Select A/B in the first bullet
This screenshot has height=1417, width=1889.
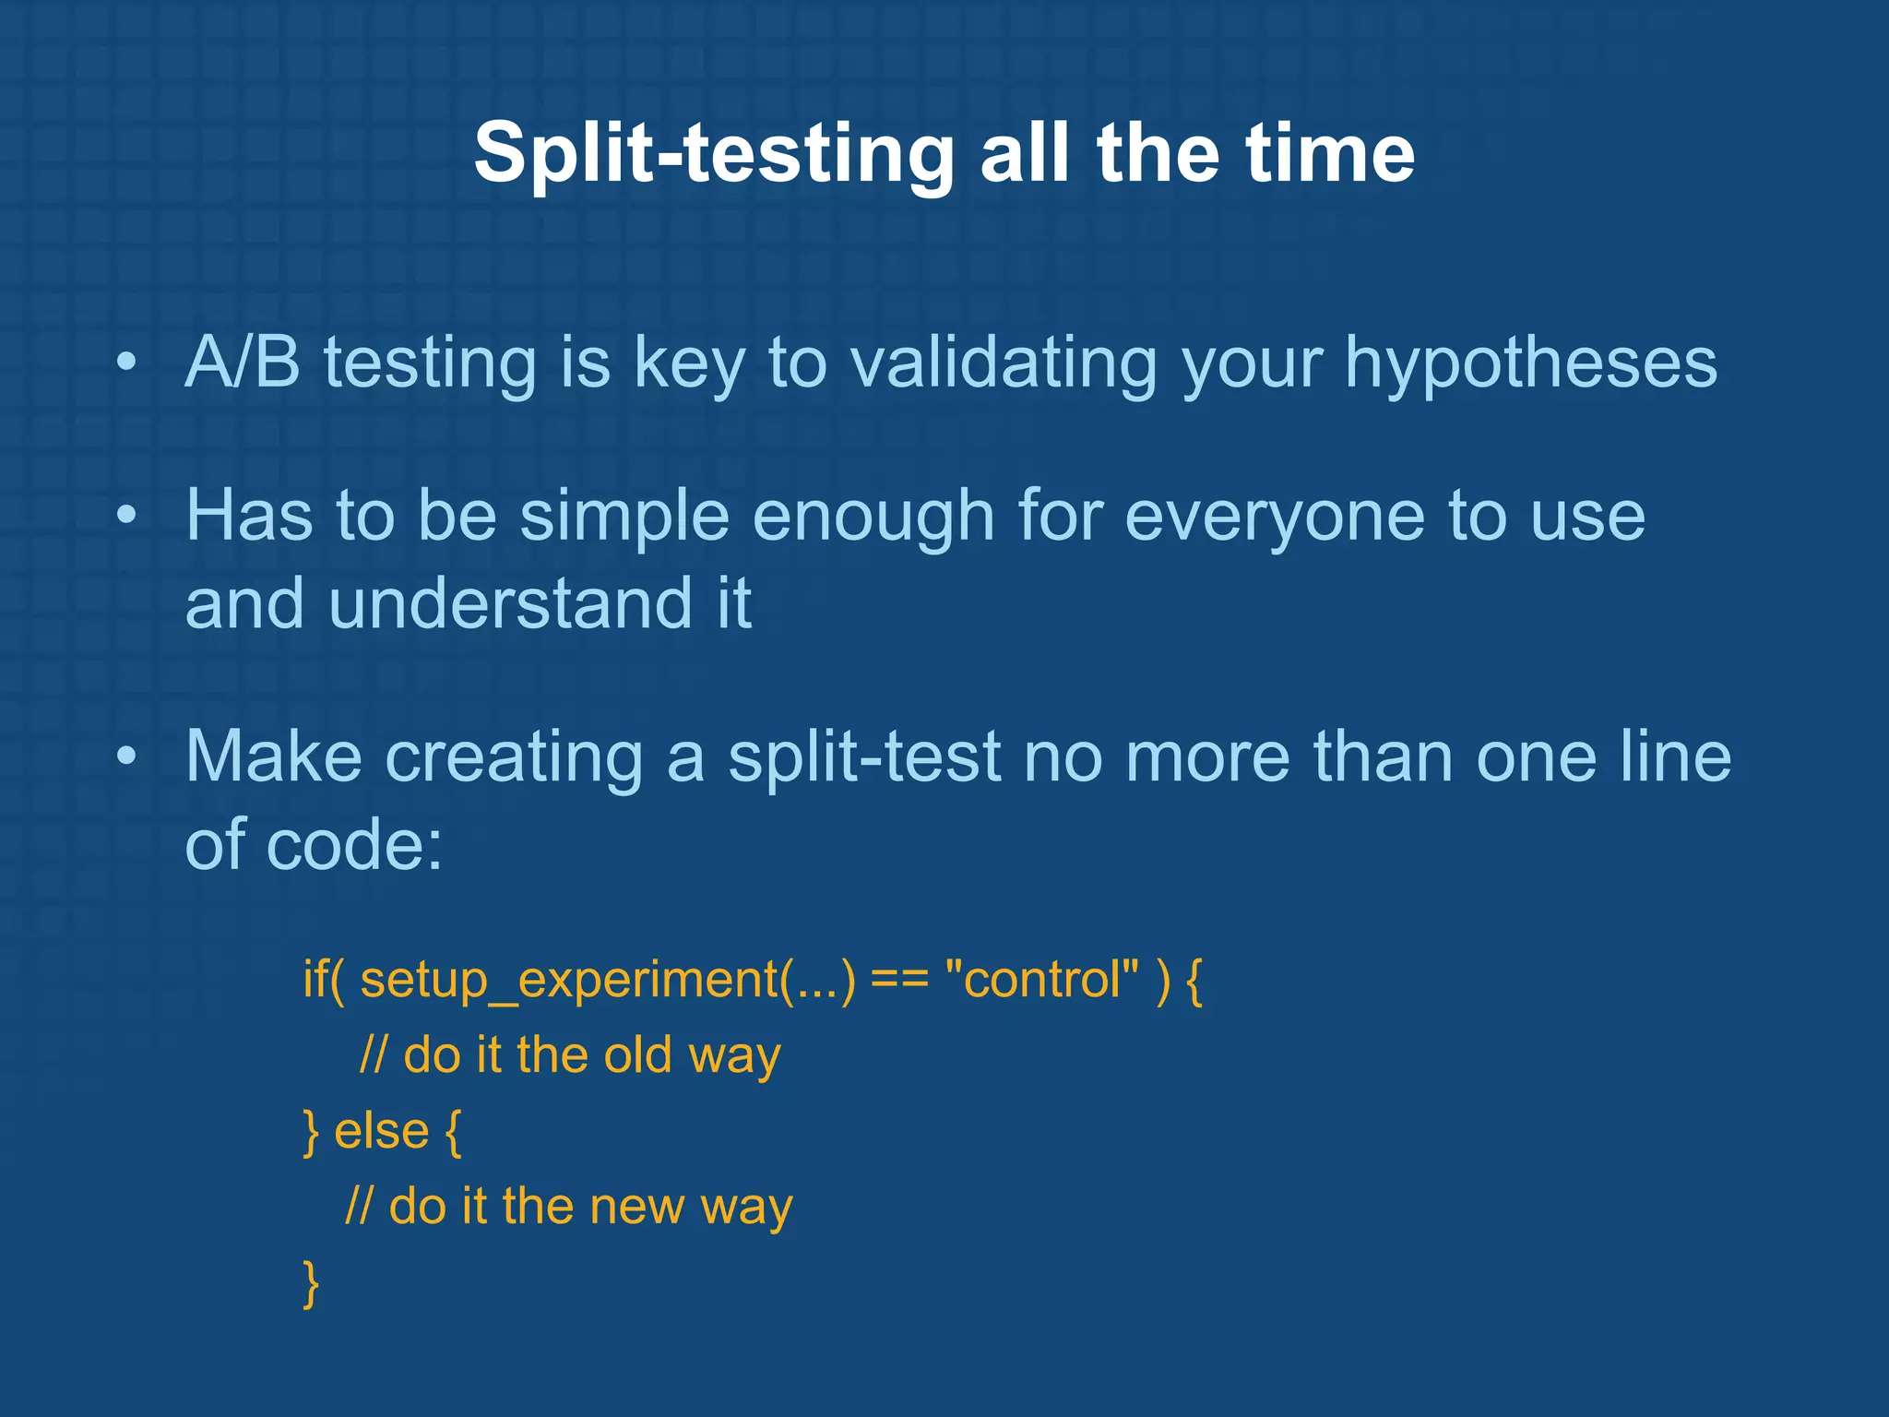click(243, 362)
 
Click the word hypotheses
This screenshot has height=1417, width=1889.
click(1530, 363)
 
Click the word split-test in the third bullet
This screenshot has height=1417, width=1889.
click(863, 757)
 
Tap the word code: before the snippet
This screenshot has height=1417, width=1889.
click(354, 846)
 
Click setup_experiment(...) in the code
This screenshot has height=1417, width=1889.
click(607, 980)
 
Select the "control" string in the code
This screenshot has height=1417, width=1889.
click(1042, 980)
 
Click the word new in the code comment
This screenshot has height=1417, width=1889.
click(636, 1207)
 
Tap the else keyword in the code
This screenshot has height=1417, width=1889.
click(381, 1131)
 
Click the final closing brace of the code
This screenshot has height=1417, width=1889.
click(311, 1283)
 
